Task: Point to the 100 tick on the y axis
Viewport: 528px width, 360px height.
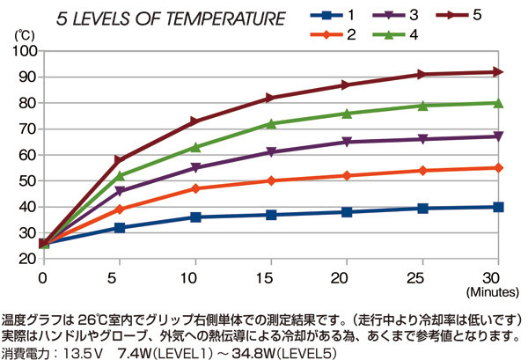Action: [x=23, y=51]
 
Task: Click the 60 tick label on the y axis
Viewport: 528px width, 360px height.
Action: [x=26, y=154]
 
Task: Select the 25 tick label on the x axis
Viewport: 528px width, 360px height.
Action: [x=422, y=276]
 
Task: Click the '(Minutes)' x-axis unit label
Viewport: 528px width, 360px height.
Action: [x=499, y=290]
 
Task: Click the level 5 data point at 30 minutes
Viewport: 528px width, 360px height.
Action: [x=498, y=71]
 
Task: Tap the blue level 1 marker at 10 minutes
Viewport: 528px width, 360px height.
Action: [x=195, y=217]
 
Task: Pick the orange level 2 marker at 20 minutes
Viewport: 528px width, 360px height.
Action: [x=347, y=176]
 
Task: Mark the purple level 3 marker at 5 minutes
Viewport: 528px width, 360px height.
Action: [x=120, y=191]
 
